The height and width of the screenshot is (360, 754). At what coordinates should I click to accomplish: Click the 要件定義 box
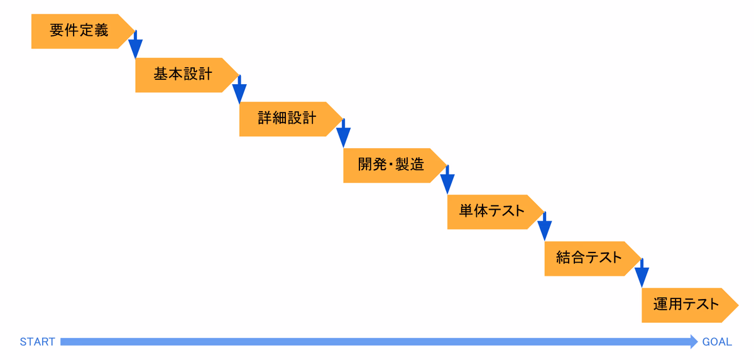tap(82, 31)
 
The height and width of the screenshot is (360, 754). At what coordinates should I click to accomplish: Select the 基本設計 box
tap(187, 75)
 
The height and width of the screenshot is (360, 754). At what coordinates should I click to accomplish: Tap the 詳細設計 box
tap(290, 119)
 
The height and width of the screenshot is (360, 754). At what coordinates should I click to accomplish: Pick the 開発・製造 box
tap(395, 165)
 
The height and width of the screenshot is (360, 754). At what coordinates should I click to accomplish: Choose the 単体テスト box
tap(495, 212)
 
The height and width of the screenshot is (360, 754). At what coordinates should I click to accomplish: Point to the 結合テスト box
tap(593, 259)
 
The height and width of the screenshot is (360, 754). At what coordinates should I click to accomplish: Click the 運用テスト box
tap(690, 305)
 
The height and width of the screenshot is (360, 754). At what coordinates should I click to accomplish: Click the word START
tap(37, 342)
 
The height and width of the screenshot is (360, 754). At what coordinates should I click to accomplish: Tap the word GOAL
tap(717, 342)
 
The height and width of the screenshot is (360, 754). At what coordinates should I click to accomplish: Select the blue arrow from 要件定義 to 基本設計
tap(135, 45)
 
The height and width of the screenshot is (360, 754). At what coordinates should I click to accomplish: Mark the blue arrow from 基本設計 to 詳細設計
tap(239, 89)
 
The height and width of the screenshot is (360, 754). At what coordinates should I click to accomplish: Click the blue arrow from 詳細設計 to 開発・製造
tap(343, 133)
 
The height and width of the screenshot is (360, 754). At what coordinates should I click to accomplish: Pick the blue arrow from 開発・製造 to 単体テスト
tap(447, 180)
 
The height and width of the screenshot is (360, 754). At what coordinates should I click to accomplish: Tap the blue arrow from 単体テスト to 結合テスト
tap(545, 226)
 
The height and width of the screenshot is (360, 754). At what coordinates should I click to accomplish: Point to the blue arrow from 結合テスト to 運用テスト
tap(642, 273)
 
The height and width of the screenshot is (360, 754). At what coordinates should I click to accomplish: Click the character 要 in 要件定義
tap(57, 30)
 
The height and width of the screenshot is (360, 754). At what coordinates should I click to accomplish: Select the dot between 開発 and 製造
tap(391, 165)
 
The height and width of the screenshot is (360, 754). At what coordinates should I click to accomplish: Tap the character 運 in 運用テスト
tap(660, 304)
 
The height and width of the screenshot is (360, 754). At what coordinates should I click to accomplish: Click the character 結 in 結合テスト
tap(563, 258)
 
